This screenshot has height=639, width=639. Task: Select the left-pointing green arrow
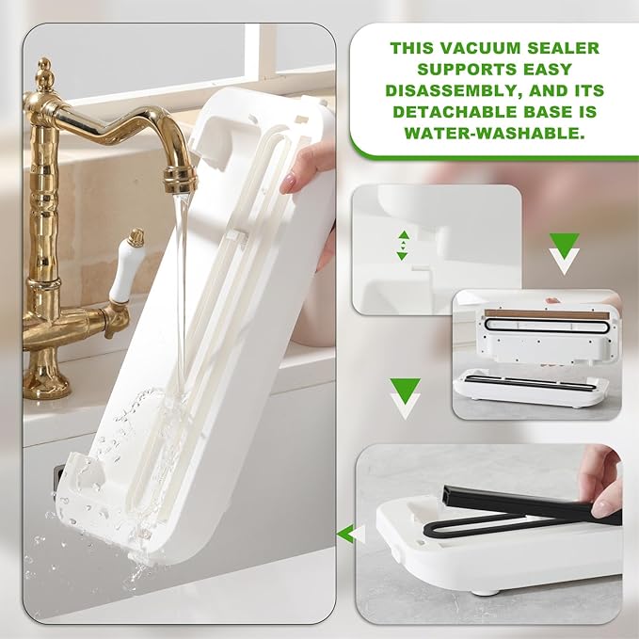click(350, 535)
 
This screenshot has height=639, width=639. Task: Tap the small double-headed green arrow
click(403, 245)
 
